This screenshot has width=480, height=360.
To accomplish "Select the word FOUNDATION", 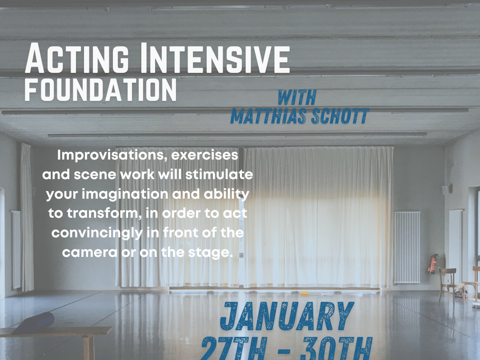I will (x=100, y=90).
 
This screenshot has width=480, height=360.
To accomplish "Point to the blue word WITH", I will (x=296, y=97).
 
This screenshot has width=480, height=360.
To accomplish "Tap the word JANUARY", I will (x=287, y=316).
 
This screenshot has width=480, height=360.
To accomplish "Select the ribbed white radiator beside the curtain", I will (x=406, y=247).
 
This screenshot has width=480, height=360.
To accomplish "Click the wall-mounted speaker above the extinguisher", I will (x=444, y=189).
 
